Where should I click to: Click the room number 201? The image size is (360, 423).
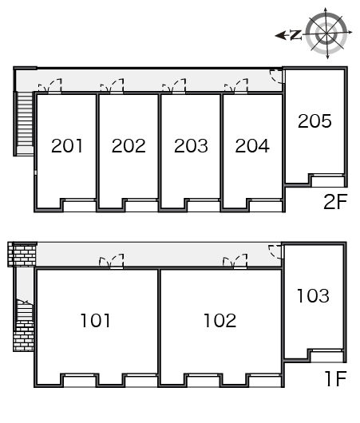(x=67, y=146)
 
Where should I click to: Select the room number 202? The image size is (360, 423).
(x=129, y=146)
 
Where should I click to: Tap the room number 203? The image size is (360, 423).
(x=191, y=146)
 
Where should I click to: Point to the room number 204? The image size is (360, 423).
(x=252, y=146)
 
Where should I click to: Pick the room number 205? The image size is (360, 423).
(x=315, y=121)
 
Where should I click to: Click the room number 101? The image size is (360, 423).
(x=96, y=321)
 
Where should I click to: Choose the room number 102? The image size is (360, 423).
(x=220, y=321)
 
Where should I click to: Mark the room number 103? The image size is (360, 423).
(x=313, y=295)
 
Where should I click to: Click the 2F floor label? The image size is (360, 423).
(x=335, y=201)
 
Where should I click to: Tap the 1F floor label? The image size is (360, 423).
(x=336, y=378)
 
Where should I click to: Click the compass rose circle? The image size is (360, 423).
(x=326, y=33)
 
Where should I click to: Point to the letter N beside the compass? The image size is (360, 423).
(x=295, y=35)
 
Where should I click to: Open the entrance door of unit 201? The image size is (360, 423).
(x=50, y=85)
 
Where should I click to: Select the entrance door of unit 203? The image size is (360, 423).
(x=174, y=85)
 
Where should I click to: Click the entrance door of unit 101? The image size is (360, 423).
(x=112, y=261)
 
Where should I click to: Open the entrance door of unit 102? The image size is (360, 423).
(x=235, y=261)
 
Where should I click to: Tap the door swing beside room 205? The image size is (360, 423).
(x=277, y=76)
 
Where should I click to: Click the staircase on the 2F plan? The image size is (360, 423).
(x=25, y=119)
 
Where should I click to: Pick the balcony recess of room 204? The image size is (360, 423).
(x=266, y=206)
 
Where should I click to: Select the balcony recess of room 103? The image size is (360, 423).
(x=326, y=356)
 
